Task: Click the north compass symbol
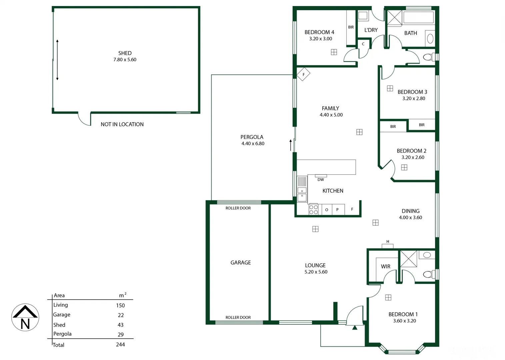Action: coord(25,317)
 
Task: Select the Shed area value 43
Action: coord(120,325)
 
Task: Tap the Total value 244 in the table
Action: coord(120,345)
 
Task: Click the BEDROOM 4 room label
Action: coord(319,32)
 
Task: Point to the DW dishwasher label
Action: coord(321,180)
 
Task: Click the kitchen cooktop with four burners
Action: coord(313,209)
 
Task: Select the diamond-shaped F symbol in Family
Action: coord(303,74)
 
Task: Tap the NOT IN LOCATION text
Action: coord(122,124)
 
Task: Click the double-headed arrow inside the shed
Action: coord(57,60)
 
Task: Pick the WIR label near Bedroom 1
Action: coord(385,266)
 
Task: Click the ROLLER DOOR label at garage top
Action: coord(238,208)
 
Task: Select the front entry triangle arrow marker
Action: coord(355,328)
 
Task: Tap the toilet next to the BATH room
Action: coord(428,57)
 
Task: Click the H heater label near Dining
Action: coord(388,242)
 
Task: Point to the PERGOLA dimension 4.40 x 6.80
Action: coord(253,144)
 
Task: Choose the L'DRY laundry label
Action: coord(371,30)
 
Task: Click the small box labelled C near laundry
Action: coord(363,44)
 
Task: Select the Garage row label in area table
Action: coord(62,315)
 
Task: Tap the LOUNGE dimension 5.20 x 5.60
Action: coord(316,272)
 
